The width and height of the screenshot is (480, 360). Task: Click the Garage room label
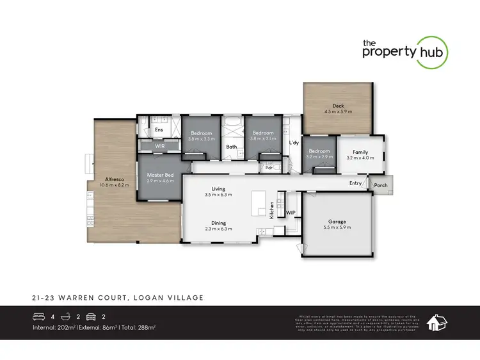(337, 220)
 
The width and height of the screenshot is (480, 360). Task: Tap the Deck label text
(338, 106)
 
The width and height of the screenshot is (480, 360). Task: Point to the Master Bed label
(160, 175)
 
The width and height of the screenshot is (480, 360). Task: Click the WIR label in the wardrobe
(160, 146)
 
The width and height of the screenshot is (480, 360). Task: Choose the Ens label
(159, 130)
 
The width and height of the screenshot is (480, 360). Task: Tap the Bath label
(231, 147)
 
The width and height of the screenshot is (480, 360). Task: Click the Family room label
(360, 152)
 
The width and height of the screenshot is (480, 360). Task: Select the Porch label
(381, 186)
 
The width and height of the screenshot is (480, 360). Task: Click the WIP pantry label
(290, 212)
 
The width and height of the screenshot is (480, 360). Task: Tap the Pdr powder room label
(269, 168)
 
